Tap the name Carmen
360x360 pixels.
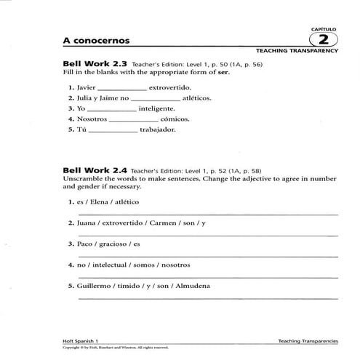(x=169, y=223)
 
